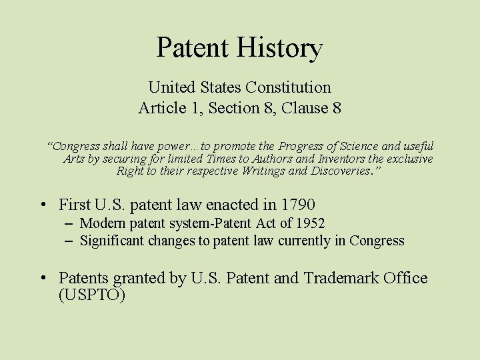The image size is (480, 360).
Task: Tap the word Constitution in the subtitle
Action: click(288, 87)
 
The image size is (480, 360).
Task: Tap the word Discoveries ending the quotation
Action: click(333, 171)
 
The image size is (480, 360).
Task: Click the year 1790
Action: click(297, 205)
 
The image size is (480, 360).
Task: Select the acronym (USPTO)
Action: click(92, 295)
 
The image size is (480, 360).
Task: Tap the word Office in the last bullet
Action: click(405, 278)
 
